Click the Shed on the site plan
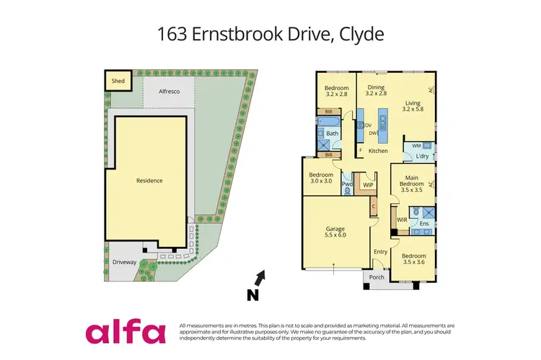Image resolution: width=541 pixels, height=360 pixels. coord(118,81)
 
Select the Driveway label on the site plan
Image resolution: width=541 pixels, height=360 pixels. coord(124,262)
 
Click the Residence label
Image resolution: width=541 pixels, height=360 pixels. coord(150,180)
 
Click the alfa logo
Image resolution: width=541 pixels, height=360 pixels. coord(126,332)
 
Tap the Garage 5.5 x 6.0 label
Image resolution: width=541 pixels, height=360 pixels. coord(334,231)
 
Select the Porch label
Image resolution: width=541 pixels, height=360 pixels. coord(377,278)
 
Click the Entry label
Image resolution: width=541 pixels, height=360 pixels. coord(380,251)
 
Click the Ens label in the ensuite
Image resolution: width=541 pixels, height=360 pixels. coord(423,224)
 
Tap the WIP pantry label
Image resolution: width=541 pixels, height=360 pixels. coord(368,185)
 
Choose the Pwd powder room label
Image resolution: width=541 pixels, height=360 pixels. coord(347,185)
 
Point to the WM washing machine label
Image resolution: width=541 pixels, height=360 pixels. coord(416,146)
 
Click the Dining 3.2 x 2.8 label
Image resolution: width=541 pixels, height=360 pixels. coord(376,89)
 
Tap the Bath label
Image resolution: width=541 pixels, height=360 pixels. coord(332,133)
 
